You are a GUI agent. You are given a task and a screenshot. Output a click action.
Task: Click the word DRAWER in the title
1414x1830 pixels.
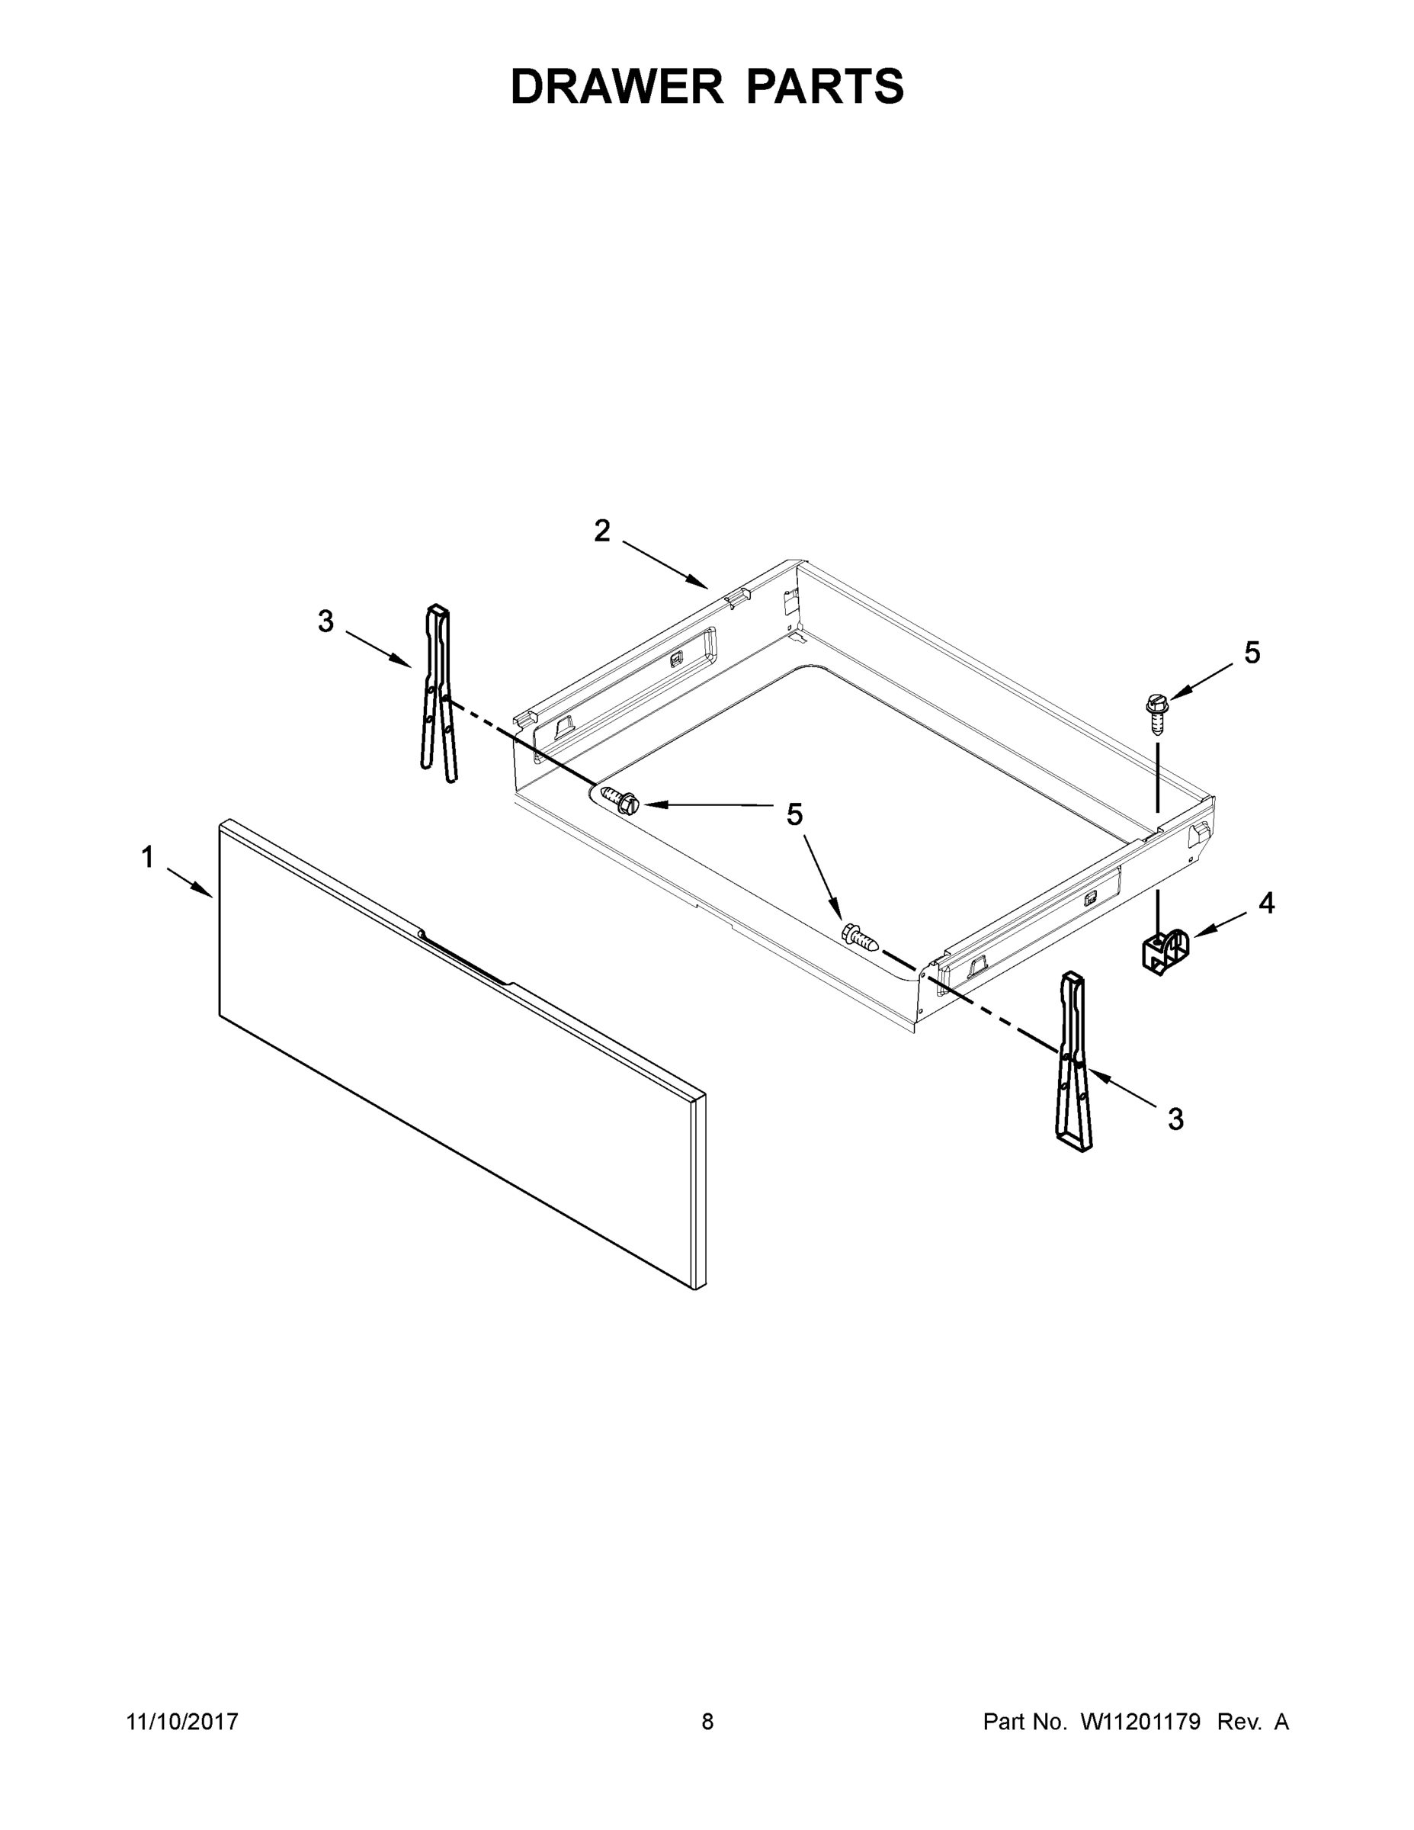616,86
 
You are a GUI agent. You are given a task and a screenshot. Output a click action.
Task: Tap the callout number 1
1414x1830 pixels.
147,857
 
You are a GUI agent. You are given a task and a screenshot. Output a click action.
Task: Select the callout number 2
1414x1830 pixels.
602,531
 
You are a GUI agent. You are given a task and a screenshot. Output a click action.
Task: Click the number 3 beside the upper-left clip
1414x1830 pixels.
325,621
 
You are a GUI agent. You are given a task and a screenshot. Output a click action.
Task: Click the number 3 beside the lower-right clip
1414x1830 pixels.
1176,1119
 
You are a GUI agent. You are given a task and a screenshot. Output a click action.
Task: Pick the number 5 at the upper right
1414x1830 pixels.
1252,653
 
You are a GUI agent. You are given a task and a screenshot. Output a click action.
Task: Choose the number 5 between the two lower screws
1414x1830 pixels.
794,814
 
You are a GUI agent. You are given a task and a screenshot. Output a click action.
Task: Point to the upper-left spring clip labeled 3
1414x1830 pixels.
439,692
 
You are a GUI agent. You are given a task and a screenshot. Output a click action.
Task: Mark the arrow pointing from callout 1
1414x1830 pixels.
190,883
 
